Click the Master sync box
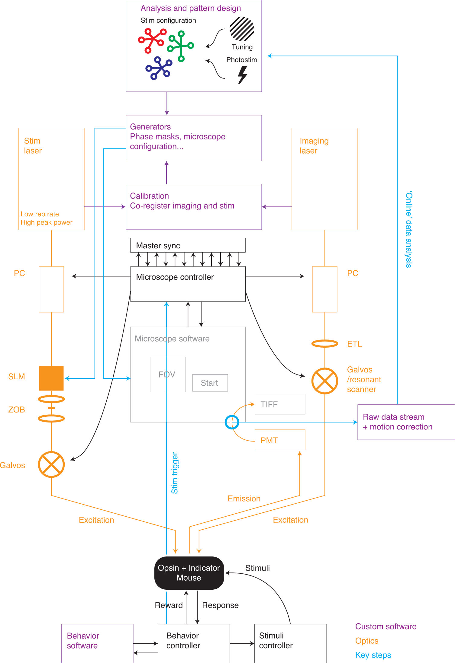[x=188, y=245]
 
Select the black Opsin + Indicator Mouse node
[x=189, y=572]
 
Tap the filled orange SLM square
[x=51, y=378]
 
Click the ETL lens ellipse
[x=324, y=343]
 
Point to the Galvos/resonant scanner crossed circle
[x=324, y=381]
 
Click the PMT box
[x=280, y=440]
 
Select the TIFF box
[x=280, y=404]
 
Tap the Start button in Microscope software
[x=210, y=383]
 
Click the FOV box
[x=167, y=375]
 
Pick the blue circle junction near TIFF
[x=232, y=422]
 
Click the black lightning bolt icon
[x=242, y=75]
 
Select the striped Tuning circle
[x=242, y=29]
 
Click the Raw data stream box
[x=406, y=422]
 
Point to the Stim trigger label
[x=175, y=473]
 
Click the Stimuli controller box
[x=290, y=643]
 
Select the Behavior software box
[x=97, y=643]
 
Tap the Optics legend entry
[x=367, y=641]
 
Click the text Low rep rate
[x=40, y=214]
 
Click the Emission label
[x=244, y=499]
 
